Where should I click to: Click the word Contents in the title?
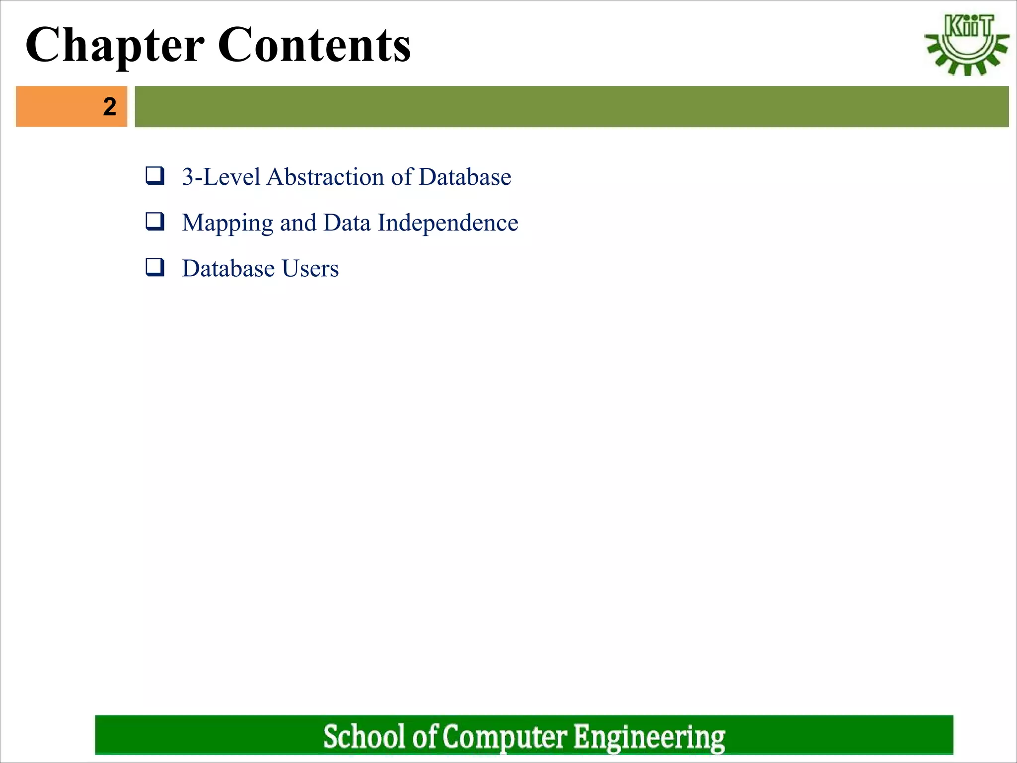pos(314,46)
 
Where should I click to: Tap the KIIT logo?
pos(966,45)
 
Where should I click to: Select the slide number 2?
pos(110,107)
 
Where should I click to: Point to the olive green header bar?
pos(571,107)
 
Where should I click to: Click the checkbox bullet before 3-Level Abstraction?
pos(155,176)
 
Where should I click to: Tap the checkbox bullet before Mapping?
pos(155,222)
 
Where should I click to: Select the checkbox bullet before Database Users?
pos(155,267)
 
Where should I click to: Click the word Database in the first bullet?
pos(464,177)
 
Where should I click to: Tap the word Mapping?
pos(227,223)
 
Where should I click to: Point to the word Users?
pos(310,269)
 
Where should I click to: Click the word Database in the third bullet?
pos(228,269)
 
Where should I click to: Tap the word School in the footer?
pos(364,736)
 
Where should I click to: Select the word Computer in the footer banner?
pos(504,736)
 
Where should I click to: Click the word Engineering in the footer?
pos(649,736)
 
